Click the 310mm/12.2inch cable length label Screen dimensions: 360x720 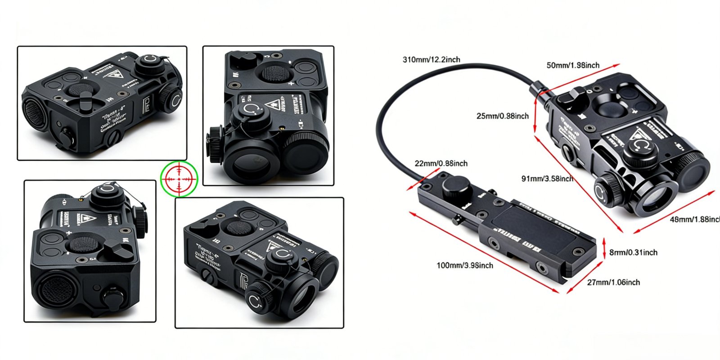click(x=431, y=59)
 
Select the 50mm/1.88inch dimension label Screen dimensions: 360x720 click(x=573, y=65)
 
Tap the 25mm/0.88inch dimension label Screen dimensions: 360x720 click(x=502, y=116)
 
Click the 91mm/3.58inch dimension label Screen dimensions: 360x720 click(x=547, y=179)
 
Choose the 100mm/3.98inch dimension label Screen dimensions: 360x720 click(x=464, y=265)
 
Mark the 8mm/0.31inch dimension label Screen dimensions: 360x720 click(x=633, y=252)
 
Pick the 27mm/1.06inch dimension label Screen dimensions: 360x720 click(x=613, y=283)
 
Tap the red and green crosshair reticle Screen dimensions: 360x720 click(x=179, y=179)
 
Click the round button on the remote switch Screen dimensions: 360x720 click(x=456, y=186)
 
